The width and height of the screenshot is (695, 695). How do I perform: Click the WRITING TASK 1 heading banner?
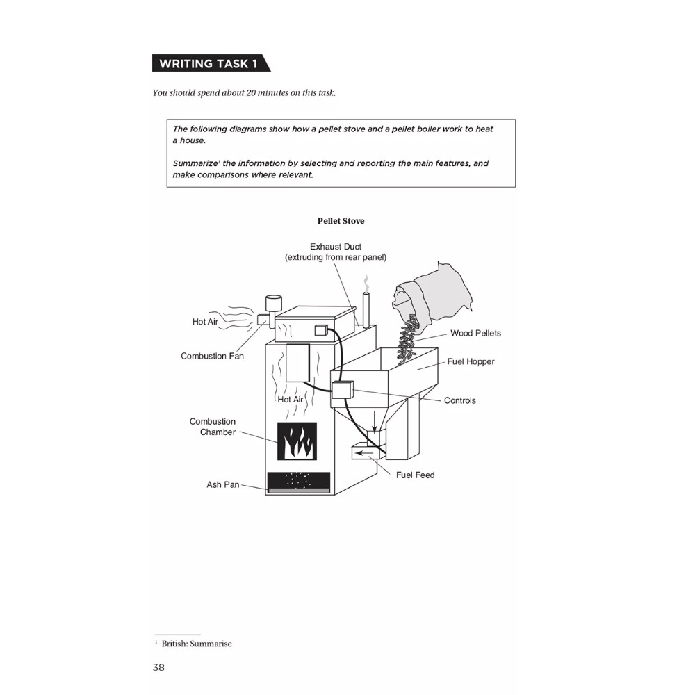[x=208, y=64]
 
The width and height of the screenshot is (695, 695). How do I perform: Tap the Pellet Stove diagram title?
[x=341, y=221]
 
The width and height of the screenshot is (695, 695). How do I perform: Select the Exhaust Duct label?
[x=336, y=247]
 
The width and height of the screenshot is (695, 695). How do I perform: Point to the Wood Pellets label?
[x=475, y=333]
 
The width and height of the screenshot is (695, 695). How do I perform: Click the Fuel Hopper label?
[x=471, y=361]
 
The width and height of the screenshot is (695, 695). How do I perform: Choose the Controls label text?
[x=460, y=400]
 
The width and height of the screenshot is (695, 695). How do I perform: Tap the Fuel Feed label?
[x=415, y=475]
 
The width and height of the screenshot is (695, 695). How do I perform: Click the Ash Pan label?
[x=222, y=484]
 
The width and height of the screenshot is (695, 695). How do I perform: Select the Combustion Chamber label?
[x=213, y=427]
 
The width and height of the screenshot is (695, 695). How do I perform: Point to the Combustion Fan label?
[x=213, y=356]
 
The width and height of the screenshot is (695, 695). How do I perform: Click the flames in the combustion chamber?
[x=297, y=441]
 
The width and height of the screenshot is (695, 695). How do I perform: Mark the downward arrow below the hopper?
[x=375, y=420]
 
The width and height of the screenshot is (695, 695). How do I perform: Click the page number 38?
[x=158, y=667]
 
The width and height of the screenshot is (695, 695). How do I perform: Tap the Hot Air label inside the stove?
[x=291, y=400]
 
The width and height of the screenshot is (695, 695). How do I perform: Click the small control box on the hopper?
[x=343, y=390]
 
